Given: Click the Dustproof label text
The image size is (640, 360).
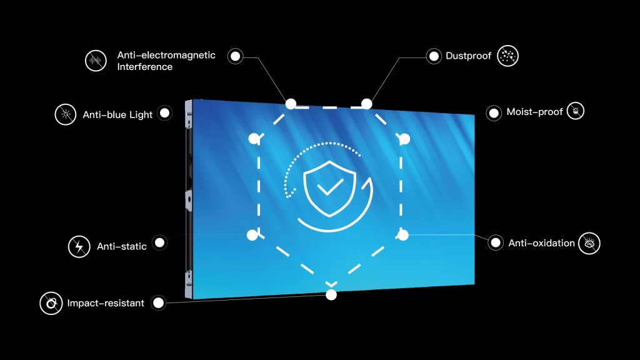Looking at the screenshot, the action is (x=468, y=56).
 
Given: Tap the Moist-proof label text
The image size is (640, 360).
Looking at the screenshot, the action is (x=535, y=112).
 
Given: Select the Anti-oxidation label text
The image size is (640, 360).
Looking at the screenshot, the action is (x=541, y=243).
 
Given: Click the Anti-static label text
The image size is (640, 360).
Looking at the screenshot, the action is (x=122, y=246).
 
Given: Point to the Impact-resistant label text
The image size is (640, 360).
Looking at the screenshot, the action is (x=106, y=303).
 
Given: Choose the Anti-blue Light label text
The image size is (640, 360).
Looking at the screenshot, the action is (x=117, y=115).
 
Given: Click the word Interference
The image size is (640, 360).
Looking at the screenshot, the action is (x=145, y=67).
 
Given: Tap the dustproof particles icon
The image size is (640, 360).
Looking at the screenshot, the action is (x=507, y=56).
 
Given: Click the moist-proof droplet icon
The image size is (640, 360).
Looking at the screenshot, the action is (x=576, y=111).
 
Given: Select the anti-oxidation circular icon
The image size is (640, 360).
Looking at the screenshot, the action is (x=589, y=243).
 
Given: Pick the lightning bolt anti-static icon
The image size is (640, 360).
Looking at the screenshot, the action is (x=79, y=246).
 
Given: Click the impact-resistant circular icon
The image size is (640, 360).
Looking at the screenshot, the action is (x=51, y=303).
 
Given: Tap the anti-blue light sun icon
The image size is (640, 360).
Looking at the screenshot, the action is (x=66, y=114).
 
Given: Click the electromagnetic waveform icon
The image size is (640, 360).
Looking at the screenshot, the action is (x=96, y=61).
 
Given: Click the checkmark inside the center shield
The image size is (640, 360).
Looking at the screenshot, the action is (x=330, y=187).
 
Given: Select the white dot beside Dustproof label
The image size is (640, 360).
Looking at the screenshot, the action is (x=434, y=56).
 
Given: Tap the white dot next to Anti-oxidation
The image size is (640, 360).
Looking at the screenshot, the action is (x=496, y=243).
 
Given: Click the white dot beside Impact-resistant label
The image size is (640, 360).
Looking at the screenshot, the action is (x=158, y=303).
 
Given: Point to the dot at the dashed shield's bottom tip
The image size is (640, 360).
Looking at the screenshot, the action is (x=331, y=295).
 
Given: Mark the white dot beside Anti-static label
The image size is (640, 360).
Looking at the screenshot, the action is (x=159, y=243).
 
